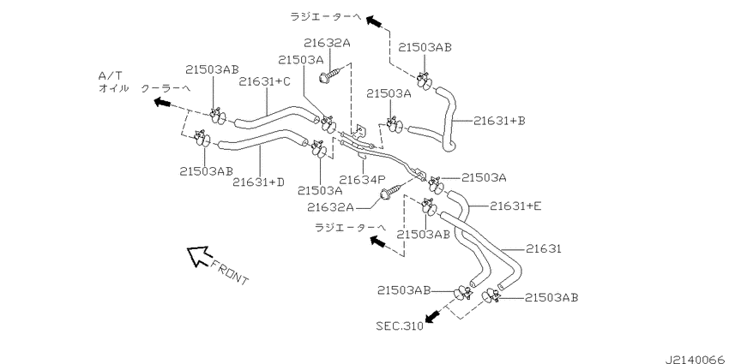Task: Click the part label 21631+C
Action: (264, 81)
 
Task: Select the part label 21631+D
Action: (258, 182)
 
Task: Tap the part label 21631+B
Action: (499, 121)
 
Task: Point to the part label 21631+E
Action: (515, 206)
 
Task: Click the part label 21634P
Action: (363, 179)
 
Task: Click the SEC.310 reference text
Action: (400, 326)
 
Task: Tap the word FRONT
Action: (230, 272)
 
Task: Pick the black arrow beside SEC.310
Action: (433, 317)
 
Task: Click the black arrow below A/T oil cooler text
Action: (163, 102)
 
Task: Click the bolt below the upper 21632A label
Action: (331, 75)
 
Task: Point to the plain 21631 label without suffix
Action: (544, 249)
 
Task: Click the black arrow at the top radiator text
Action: (374, 21)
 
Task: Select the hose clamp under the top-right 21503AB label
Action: (425, 81)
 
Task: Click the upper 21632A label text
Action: (327, 43)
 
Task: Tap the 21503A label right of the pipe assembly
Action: (484, 177)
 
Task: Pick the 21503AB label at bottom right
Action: (551, 297)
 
